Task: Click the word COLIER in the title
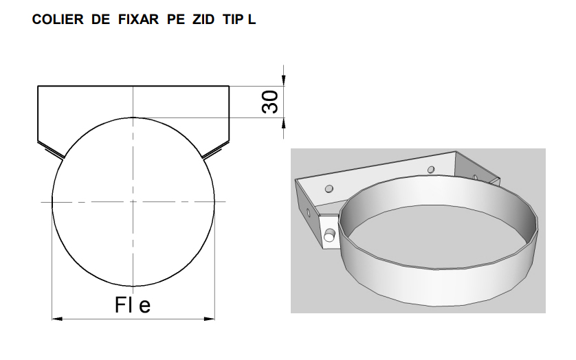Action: [58, 19]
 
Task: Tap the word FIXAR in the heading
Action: [138, 19]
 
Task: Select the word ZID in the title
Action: [203, 19]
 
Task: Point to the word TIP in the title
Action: [234, 19]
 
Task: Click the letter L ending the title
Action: [252, 19]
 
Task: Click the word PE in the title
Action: [176, 19]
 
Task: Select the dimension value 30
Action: [270, 102]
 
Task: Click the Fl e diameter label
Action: [133, 305]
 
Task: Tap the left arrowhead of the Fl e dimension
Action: [57, 319]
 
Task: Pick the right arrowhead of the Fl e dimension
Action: [210, 319]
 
